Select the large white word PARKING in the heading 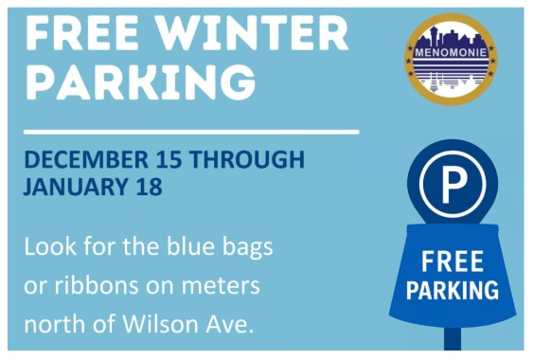[x=140, y=81]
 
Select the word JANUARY [x=72, y=186]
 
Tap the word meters [x=224, y=286]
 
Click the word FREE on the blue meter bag [x=453, y=260]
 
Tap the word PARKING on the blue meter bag [x=453, y=289]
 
